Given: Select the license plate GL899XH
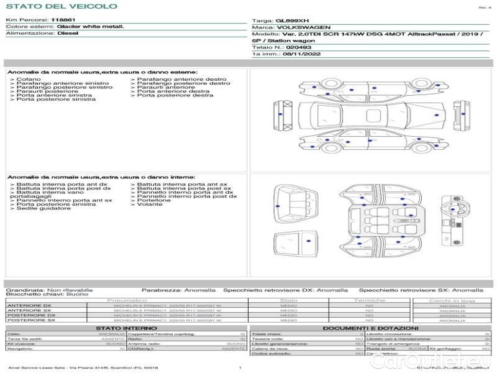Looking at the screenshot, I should pos(292,21).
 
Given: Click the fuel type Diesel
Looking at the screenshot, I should pos(68,34).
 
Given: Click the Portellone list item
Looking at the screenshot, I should pos(154,200).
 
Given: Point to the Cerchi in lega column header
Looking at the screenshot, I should pos(452,301).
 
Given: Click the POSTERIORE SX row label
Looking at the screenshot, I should pos(30,321).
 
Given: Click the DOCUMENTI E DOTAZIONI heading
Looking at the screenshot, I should pos(370,328).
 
